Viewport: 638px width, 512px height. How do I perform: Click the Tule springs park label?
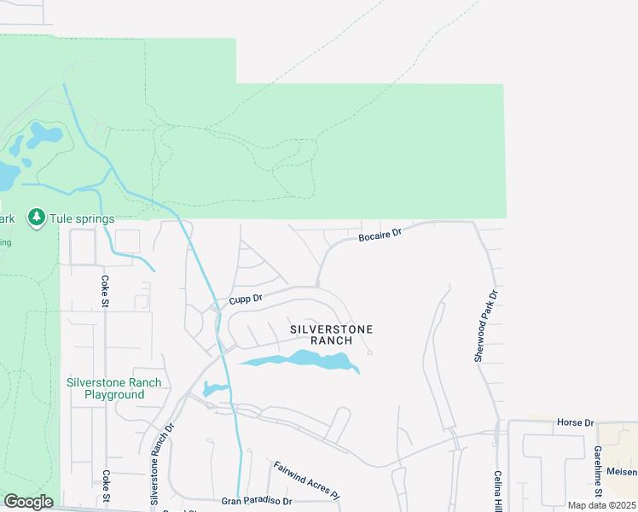pyautogui.click(x=82, y=218)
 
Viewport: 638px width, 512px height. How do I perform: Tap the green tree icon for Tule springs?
pyautogui.click(x=36, y=218)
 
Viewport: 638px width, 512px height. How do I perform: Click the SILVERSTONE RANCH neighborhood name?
pyautogui.click(x=332, y=335)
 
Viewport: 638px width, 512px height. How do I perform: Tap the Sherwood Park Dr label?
pyautogui.click(x=484, y=326)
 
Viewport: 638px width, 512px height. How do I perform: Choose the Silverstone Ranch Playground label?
pyautogui.click(x=114, y=388)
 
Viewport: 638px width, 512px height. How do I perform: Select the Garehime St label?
pyautogui.click(x=598, y=472)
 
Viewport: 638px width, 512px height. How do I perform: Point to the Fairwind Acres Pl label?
pyautogui.click(x=306, y=480)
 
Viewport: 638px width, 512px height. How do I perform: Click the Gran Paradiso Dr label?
pyautogui.click(x=257, y=501)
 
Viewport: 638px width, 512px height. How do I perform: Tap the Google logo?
pyautogui.click(x=29, y=502)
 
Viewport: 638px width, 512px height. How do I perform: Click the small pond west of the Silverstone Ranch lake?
pyautogui.click(x=214, y=390)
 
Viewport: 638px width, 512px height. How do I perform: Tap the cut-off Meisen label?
pyautogui.click(x=622, y=472)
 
